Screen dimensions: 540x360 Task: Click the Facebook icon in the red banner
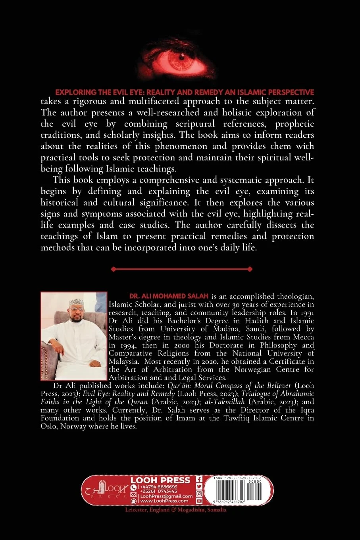[x=199, y=479]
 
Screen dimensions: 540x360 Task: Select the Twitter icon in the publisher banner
[x=199, y=486]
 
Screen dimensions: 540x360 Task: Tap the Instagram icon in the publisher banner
[x=199, y=494]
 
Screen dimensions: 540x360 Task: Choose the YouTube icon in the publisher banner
[x=199, y=501]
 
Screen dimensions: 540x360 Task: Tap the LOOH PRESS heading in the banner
[x=160, y=480]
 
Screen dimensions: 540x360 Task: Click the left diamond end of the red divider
[x=114, y=269]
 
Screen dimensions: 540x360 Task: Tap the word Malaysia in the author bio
[x=123, y=361]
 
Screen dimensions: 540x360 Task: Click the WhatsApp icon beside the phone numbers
[x=133, y=487]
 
